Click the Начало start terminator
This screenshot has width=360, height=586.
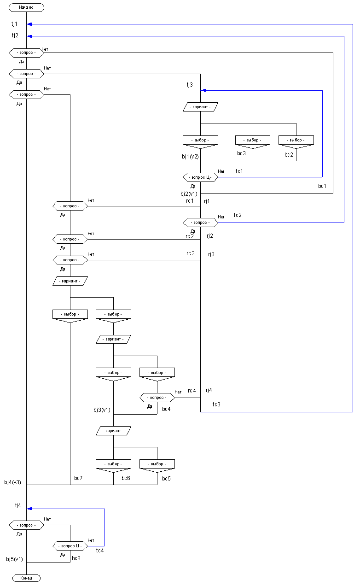click(x=26, y=7)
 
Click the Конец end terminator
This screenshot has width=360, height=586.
click(x=26, y=578)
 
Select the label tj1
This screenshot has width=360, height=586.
click(x=15, y=23)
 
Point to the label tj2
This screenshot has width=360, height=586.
click(x=15, y=35)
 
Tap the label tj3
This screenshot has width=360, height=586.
click(x=190, y=84)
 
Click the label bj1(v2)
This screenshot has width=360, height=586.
click(x=190, y=157)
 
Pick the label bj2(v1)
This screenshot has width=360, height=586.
click(x=189, y=193)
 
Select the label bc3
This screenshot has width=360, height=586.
click(x=242, y=153)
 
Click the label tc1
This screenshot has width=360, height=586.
click(x=239, y=171)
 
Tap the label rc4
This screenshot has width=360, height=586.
click(x=192, y=391)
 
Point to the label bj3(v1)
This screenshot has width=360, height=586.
click(x=102, y=410)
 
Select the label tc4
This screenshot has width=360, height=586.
click(x=100, y=550)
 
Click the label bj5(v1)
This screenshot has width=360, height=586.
click(x=14, y=559)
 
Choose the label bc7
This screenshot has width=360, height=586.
click(x=78, y=479)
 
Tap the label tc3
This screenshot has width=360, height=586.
click(x=216, y=404)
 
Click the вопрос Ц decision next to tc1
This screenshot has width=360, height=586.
click(x=200, y=177)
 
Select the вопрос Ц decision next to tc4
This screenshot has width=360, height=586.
click(x=70, y=545)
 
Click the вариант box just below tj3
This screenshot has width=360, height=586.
click(x=200, y=107)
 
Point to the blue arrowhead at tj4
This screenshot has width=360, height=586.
click(x=29, y=509)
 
